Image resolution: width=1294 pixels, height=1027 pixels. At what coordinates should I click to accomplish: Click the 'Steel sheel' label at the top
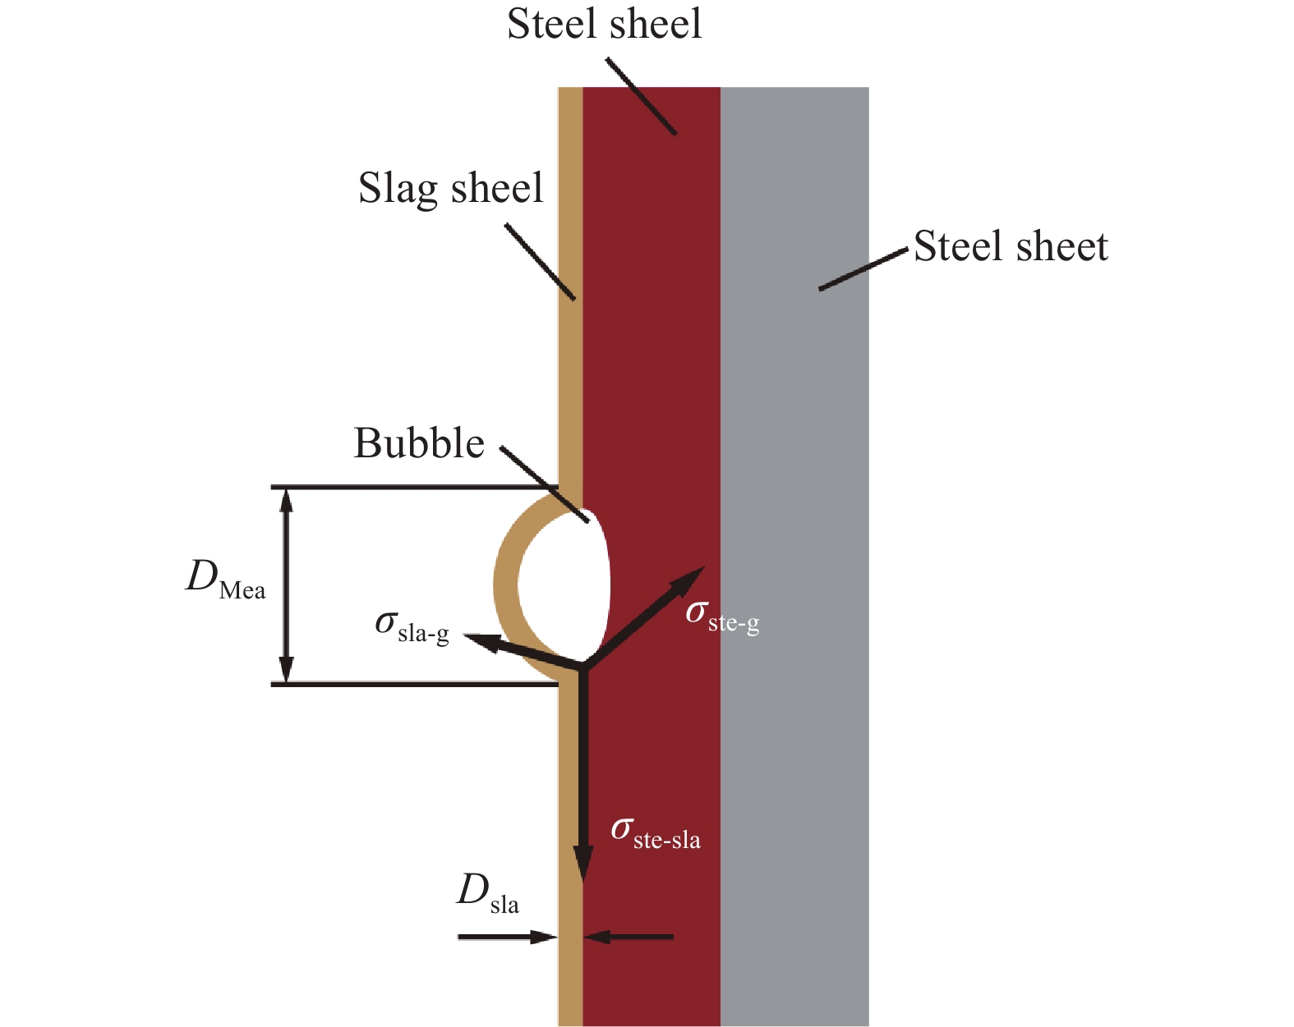(x=605, y=24)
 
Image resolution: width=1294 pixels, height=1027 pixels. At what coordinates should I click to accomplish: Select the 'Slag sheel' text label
(x=451, y=188)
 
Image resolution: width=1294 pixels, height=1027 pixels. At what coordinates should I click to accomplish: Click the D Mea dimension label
(x=225, y=579)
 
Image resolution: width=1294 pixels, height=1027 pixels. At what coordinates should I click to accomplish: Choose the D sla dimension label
(x=488, y=893)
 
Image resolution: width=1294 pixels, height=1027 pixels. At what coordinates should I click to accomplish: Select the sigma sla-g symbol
(x=412, y=627)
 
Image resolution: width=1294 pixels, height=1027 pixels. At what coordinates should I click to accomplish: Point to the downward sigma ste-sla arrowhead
(x=583, y=864)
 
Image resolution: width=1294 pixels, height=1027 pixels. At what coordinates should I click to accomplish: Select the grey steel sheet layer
(x=794, y=557)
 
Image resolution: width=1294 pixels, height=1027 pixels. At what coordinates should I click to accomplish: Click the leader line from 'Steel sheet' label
(x=863, y=269)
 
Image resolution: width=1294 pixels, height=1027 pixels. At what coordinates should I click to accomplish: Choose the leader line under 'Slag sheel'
(x=540, y=261)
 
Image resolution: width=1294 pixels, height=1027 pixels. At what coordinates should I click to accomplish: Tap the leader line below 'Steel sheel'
(x=641, y=96)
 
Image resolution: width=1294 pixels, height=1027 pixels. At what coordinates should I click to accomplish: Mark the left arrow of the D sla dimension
(x=508, y=937)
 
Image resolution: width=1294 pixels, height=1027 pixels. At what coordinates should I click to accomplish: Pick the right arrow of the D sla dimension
(x=629, y=937)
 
